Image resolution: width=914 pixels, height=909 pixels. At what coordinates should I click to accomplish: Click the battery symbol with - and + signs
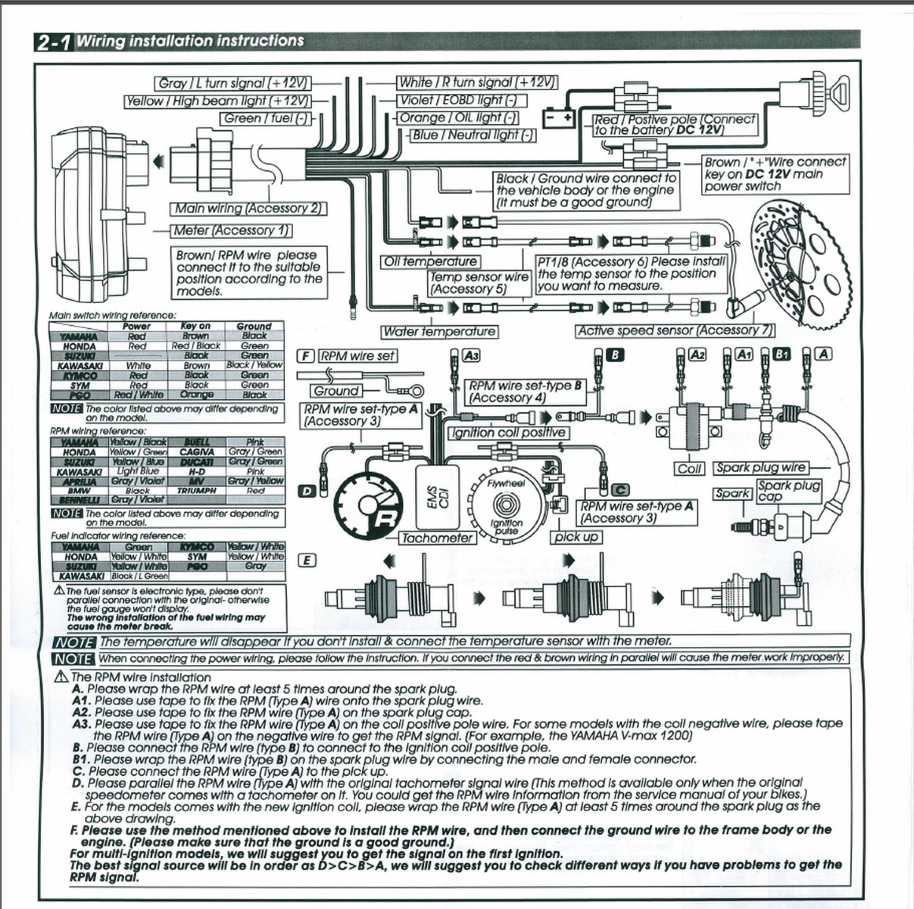pyautogui.click(x=558, y=119)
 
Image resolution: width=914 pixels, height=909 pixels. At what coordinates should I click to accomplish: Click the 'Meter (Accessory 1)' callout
pyautogui.click(x=232, y=230)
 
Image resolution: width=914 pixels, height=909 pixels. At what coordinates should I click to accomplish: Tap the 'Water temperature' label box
pyautogui.click(x=439, y=331)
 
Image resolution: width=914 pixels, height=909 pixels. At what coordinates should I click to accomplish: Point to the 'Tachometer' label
pyautogui.click(x=437, y=538)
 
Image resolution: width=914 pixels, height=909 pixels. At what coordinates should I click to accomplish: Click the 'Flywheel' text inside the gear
pyautogui.click(x=503, y=482)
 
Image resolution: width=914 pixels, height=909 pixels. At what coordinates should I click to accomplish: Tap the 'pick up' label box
pyautogui.click(x=577, y=537)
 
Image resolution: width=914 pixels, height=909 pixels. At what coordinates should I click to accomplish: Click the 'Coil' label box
pyautogui.click(x=689, y=469)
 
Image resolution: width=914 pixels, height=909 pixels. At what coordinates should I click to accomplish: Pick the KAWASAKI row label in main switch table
pyautogui.click(x=75, y=365)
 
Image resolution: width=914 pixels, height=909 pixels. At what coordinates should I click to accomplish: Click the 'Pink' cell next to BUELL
pyautogui.click(x=255, y=441)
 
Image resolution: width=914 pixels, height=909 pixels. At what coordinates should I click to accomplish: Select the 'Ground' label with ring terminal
pyautogui.click(x=336, y=391)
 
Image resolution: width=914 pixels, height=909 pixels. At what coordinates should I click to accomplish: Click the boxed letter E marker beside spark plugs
pyautogui.click(x=306, y=561)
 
